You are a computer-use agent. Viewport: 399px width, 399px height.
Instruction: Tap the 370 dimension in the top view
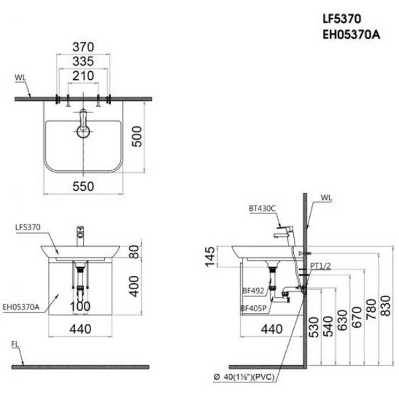[x=83, y=47]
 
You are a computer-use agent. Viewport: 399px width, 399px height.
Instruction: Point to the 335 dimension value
[x=83, y=61]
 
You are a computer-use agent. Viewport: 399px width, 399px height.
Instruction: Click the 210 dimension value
[x=83, y=76]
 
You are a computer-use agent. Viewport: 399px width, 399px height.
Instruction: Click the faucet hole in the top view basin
[x=84, y=131]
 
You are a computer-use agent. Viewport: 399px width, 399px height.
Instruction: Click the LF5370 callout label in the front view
[x=28, y=227]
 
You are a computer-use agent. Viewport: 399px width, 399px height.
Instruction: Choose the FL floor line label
[x=15, y=344]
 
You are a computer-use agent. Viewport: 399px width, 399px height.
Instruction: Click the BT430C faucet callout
[x=261, y=208]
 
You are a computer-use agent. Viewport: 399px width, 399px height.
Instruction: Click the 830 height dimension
[x=386, y=307]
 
